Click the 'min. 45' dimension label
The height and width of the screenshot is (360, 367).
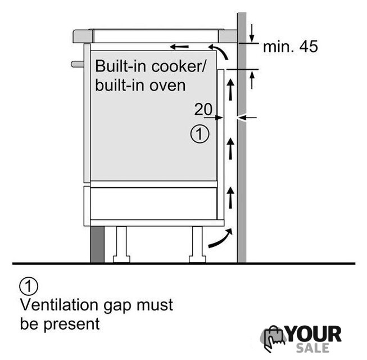[291, 46]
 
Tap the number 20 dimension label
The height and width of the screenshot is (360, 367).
[203, 109]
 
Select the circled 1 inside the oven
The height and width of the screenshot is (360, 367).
[200, 134]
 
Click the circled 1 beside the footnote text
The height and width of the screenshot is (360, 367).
[29, 286]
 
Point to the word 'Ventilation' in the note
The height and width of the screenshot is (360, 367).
[59, 305]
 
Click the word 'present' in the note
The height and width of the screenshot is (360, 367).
[71, 325]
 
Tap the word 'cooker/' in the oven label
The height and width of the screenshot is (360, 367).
[179, 66]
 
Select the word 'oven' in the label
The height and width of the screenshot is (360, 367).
[167, 85]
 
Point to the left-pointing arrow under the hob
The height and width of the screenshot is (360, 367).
[179, 47]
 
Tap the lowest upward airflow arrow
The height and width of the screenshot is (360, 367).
[231, 197]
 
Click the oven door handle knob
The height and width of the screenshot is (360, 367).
[78, 64]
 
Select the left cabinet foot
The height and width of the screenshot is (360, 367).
[121, 244]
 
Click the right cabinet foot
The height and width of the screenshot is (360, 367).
[197, 244]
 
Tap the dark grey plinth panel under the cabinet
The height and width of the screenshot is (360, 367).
[97, 244]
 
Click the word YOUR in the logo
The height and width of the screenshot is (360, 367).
[314, 334]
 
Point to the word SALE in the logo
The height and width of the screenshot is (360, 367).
[312, 348]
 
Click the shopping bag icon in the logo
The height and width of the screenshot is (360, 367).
[273, 338]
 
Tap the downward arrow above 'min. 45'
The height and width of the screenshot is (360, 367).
[252, 33]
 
